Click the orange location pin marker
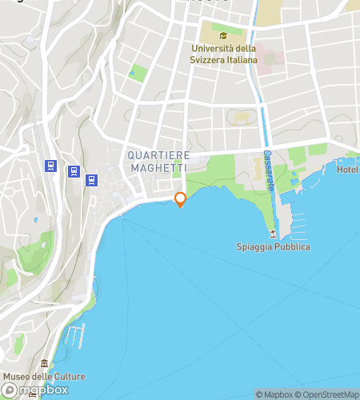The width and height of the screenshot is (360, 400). [180, 199]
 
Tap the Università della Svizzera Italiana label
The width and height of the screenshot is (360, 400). [224, 54]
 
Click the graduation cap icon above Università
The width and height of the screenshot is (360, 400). [224, 35]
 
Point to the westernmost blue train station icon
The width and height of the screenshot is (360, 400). [50, 166]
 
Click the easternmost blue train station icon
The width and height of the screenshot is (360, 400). [92, 180]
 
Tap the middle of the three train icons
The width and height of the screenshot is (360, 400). [73, 171]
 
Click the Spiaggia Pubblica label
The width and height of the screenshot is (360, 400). [274, 246]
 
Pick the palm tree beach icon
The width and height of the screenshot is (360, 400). [274, 234]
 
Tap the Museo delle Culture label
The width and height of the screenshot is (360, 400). [43, 376]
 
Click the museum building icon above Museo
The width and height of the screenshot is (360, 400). [44, 364]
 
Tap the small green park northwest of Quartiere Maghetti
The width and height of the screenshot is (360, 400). [138, 74]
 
